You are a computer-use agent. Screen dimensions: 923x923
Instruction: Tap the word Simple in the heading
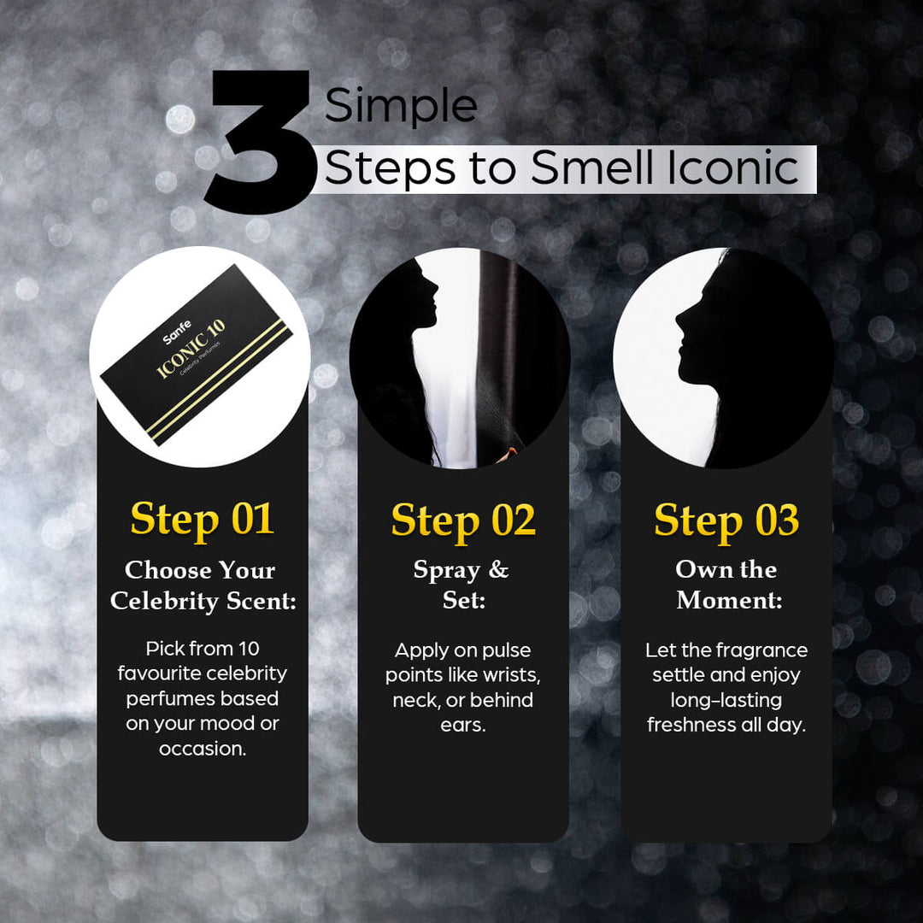(x=401, y=107)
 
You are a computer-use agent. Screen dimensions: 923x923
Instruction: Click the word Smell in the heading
(x=591, y=168)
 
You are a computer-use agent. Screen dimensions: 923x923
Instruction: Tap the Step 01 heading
(x=203, y=519)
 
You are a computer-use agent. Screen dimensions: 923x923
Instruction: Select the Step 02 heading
(x=463, y=520)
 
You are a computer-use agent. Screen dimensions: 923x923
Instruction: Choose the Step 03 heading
(x=726, y=520)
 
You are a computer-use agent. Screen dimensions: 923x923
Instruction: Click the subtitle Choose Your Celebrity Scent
(x=203, y=585)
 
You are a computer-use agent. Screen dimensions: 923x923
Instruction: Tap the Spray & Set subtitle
(x=462, y=585)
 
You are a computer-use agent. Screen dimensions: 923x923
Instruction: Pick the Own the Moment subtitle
(x=727, y=585)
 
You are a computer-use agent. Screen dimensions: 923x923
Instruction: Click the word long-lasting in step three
(x=727, y=700)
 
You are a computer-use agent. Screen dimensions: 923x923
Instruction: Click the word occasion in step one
(x=198, y=749)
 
